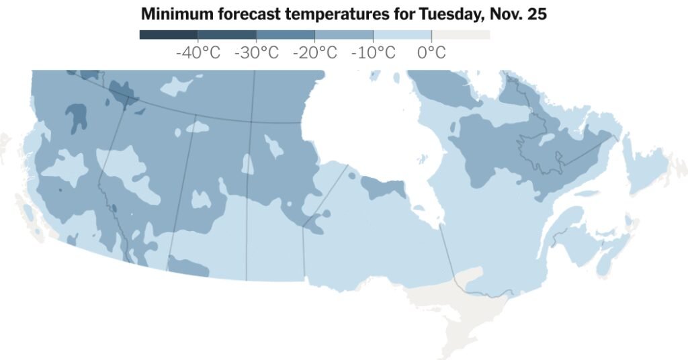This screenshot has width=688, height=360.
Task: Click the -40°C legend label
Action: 198,53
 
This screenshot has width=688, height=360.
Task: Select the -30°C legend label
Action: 256,53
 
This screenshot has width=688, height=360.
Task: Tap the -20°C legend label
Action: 314,53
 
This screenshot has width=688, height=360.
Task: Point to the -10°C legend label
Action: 373,53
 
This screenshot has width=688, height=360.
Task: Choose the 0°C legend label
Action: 431,53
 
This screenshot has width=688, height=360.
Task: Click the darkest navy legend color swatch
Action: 168,34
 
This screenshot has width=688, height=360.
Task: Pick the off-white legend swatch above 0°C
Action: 460,34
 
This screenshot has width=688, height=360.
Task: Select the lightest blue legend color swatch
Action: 402,34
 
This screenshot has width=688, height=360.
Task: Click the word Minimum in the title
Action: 171,14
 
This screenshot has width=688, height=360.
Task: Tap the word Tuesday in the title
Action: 446,14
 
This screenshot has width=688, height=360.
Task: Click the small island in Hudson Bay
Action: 422,160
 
